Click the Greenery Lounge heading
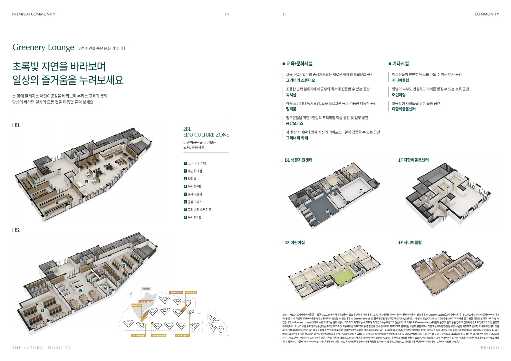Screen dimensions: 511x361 (43, 47)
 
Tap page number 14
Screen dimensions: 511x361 (227, 14)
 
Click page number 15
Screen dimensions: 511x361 (284, 14)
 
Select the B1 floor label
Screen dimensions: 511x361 (17, 125)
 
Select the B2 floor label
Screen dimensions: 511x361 (17, 230)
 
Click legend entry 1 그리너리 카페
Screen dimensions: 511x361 (195, 163)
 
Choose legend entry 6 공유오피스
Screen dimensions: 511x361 (193, 202)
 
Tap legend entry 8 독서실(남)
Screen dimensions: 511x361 (192, 217)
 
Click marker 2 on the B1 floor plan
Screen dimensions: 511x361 (57, 202)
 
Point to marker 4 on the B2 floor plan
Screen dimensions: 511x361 (124, 265)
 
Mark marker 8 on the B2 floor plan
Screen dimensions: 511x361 (43, 310)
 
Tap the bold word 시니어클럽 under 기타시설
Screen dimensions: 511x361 (400, 80)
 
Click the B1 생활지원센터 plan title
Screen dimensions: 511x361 (298, 160)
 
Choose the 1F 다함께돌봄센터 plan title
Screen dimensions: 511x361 (413, 160)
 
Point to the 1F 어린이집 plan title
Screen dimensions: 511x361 (294, 242)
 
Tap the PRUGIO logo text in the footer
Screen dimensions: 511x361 (490, 348)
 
